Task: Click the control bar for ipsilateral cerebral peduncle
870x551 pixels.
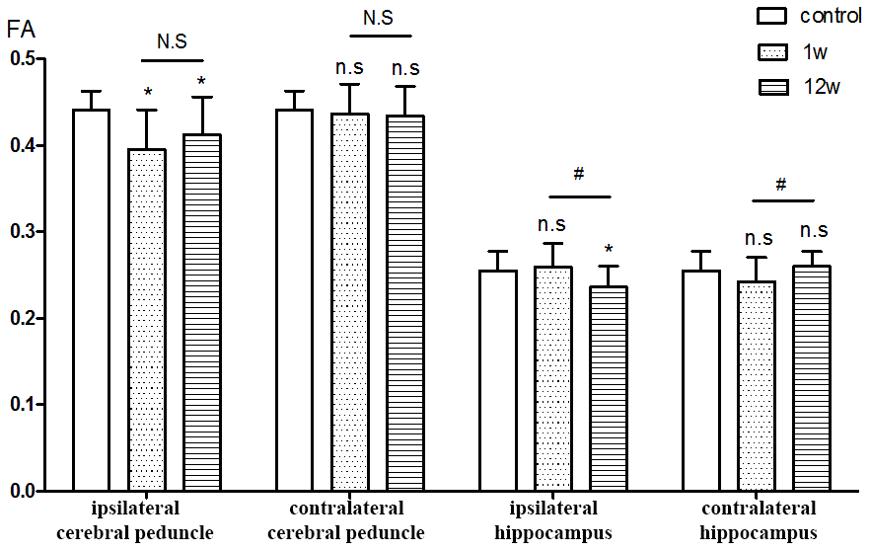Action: (x=92, y=300)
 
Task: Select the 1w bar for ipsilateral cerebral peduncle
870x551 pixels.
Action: (x=147, y=320)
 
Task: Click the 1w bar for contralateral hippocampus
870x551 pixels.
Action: (x=757, y=385)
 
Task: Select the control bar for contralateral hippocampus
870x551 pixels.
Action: (x=701, y=380)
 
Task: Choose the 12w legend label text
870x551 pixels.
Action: (x=821, y=87)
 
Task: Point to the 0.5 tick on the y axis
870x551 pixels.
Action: (x=44, y=59)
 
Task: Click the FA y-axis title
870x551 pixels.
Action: (x=22, y=30)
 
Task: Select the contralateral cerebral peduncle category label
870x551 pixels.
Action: (x=347, y=521)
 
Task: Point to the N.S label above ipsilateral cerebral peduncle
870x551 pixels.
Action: (x=172, y=41)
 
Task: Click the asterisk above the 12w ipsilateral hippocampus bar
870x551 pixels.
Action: (x=609, y=249)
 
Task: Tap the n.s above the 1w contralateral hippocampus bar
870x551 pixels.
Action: (x=759, y=237)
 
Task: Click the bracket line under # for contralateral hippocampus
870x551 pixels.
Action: (x=781, y=200)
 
